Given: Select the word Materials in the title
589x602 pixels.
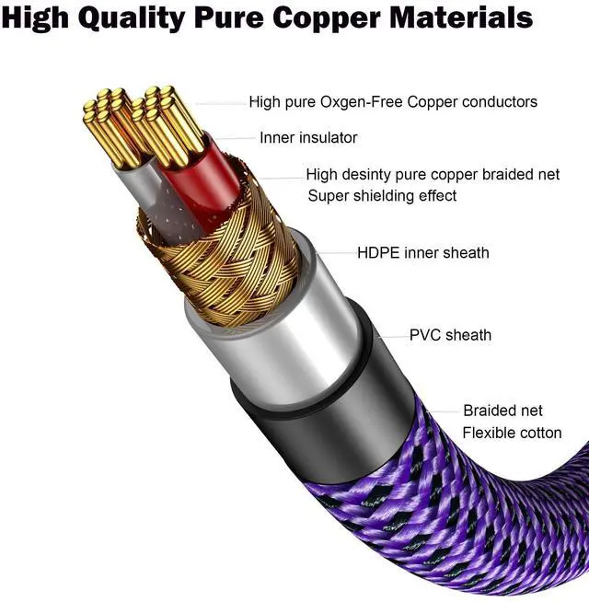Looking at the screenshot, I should click(462, 17).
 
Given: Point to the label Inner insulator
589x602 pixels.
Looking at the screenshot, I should click(308, 138).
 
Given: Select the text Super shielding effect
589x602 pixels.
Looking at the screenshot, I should click(382, 195).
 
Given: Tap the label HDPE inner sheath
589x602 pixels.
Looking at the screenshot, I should click(422, 252).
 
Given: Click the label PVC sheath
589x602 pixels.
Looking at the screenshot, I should click(450, 335).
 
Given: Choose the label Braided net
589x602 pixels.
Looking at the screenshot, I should click(502, 411).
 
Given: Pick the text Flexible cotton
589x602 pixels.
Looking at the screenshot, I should click(512, 433).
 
